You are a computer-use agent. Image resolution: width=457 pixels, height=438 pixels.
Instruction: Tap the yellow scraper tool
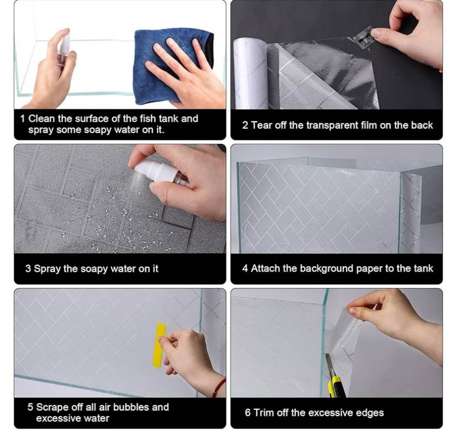tap(159, 345)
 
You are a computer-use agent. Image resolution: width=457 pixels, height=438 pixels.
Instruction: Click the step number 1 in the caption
tap(23, 118)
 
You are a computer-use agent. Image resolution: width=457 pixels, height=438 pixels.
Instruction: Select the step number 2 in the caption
tap(245, 125)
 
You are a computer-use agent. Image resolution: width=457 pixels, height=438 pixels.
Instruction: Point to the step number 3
tap(28, 269)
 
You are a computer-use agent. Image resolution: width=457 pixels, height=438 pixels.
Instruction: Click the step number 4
tap(245, 269)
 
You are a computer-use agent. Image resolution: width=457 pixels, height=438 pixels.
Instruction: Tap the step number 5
tap(30, 407)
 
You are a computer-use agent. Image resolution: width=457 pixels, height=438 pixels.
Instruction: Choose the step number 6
tap(248, 413)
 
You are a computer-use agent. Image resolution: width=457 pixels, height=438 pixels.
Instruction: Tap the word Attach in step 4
tap(265, 269)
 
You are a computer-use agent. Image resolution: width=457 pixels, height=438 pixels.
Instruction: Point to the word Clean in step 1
tap(40, 118)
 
